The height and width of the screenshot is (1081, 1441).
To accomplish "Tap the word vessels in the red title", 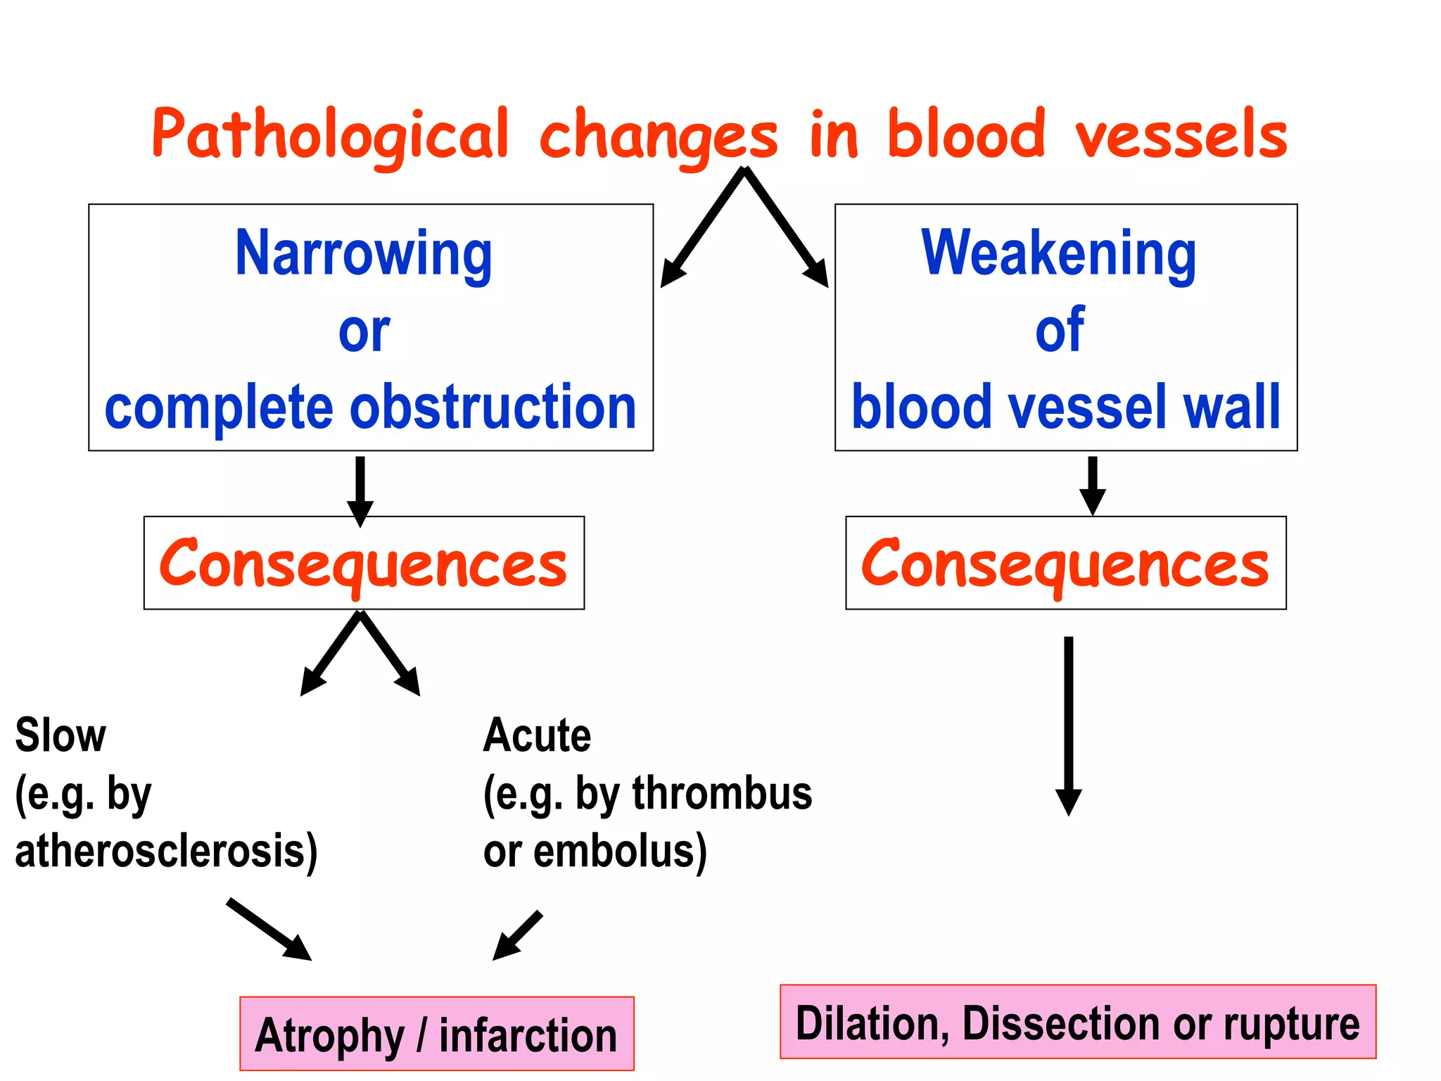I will point(1181,135).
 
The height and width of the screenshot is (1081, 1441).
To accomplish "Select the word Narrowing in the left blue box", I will point(364,255).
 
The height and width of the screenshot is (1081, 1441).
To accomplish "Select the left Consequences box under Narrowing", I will point(364,564).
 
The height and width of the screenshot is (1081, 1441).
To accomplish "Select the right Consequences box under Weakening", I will point(1065,564).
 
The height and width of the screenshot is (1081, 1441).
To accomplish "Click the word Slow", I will point(61,736).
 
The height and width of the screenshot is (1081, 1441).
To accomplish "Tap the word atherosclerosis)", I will point(166,852).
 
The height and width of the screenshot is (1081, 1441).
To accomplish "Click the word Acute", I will point(537,736).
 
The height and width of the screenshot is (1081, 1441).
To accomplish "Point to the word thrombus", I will point(722,794).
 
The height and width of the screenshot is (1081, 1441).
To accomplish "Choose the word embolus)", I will point(620,852).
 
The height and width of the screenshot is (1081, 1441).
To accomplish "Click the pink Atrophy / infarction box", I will point(436,1035).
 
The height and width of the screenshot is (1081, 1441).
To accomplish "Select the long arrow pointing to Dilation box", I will point(1068,725).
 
